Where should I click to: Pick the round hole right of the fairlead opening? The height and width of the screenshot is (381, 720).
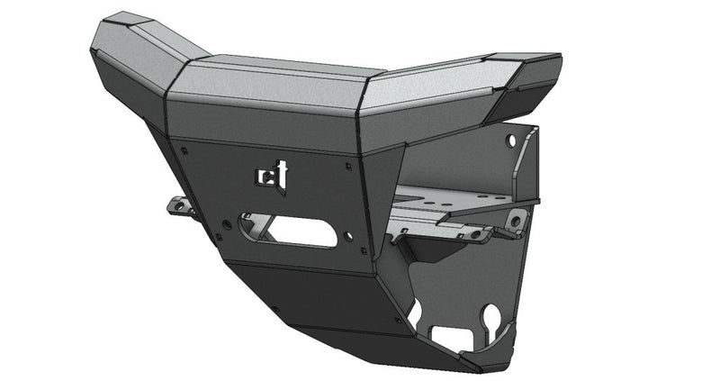pyautogui.click(x=347, y=239)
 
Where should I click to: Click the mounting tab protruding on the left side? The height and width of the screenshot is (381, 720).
pyautogui.click(x=181, y=208)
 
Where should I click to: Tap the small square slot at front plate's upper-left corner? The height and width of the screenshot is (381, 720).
pyautogui.click(x=184, y=150)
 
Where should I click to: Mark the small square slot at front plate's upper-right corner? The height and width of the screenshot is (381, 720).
pyautogui.click(x=348, y=165)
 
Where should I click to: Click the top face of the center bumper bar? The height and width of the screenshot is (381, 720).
pyautogui.click(x=270, y=81)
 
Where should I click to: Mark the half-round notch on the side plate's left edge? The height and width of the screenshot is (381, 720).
pyautogui.click(x=415, y=311)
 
